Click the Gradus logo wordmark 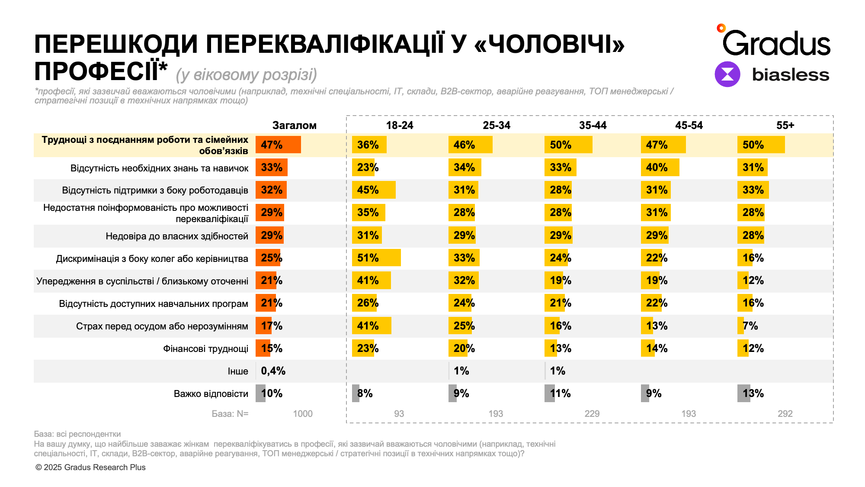pyautogui.click(x=776, y=43)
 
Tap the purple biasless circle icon pyautogui.click(x=727, y=74)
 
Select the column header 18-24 pyautogui.click(x=400, y=126)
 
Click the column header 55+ pyautogui.click(x=785, y=126)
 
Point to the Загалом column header pyautogui.click(x=294, y=126)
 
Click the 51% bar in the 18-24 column pyautogui.click(x=376, y=258)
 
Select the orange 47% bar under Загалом pyautogui.click(x=278, y=145)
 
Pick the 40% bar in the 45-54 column pyautogui.click(x=660, y=168)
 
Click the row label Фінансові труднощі pyautogui.click(x=205, y=349)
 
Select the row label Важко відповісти pyautogui.click(x=211, y=394)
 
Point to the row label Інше pyautogui.click(x=238, y=371)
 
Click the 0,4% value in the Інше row pyautogui.click(x=273, y=371)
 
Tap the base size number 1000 pyautogui.click(x=302, y=414)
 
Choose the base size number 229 pyautogui.click(x=592, y=414)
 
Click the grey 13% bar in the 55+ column pyautogui.click(x=743, y=393)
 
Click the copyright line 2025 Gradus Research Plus pyautogui.click(x=91, y=468)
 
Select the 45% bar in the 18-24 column pyautogui.click(x=374, y=190)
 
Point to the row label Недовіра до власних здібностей pyautogui.click(x=177, y=236)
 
